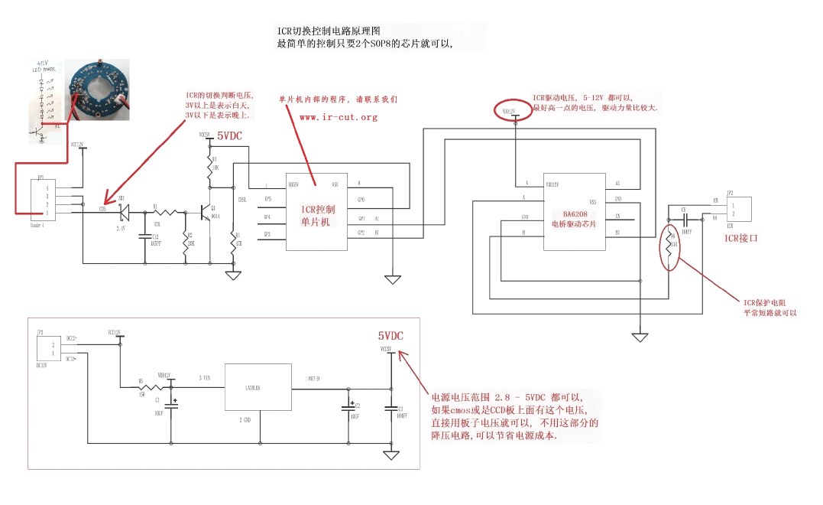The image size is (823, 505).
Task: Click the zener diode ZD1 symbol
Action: tap(124, 210)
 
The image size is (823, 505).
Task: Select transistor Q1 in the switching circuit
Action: tap(205, 212)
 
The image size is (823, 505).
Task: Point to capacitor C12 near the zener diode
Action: tap(144, 236)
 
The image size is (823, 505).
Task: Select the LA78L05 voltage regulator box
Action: tap(259, 387)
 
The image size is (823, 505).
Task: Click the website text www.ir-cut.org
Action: tap(339, 117)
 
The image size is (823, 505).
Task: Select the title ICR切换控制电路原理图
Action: tap(328, 31)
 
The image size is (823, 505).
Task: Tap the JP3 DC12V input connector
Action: tap(47, 350)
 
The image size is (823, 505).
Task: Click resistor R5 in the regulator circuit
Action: tap(143, 387)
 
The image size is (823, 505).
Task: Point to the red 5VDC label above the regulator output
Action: tap(390, 336)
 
